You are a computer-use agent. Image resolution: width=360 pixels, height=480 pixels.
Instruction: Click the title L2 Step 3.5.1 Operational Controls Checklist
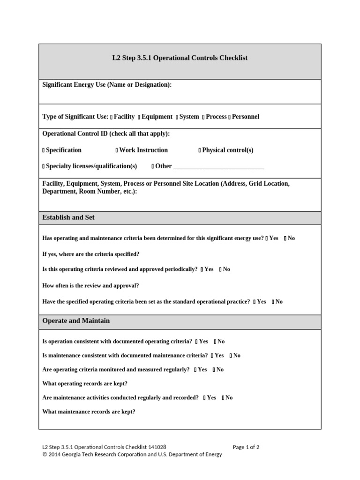tap(180, 58)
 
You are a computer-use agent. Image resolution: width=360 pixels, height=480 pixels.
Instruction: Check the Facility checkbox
tap(112, 117)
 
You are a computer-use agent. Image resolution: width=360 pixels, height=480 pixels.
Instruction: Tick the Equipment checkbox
tap(139, 117)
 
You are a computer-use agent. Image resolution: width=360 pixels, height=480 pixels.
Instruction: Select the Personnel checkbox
tap(229, 117)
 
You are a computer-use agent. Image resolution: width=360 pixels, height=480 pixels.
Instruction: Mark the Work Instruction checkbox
tap(117, 150)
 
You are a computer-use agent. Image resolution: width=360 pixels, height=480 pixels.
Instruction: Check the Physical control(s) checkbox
tap(200, 150)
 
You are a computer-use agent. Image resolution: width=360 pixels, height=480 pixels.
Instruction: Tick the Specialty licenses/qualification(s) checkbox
tap(44, 166)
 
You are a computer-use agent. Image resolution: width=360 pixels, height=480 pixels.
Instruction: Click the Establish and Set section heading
tap(68, 217)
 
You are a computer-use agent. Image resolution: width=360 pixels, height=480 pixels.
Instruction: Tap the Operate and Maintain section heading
tap(76, 321)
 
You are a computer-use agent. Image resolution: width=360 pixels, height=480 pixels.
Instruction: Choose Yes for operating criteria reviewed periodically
tap(202, 270)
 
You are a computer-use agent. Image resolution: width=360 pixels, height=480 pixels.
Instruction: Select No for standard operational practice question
tap(273, 302)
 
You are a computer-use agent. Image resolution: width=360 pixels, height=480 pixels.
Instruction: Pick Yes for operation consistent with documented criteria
tap(197, 342)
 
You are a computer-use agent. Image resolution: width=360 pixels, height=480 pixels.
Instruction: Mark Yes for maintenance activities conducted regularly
tap(205, 398)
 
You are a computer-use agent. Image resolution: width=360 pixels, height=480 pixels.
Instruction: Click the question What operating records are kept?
tap(85, 383)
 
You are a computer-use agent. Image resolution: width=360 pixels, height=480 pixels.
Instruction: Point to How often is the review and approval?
tap(90, 285)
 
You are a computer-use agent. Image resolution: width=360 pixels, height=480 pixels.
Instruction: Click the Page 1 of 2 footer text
tap(246, 447)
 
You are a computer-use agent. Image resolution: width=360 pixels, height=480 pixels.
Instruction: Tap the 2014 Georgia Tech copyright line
tap(132, 454)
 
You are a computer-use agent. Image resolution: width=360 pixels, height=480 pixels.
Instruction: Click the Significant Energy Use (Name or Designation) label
tap(107, 85)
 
